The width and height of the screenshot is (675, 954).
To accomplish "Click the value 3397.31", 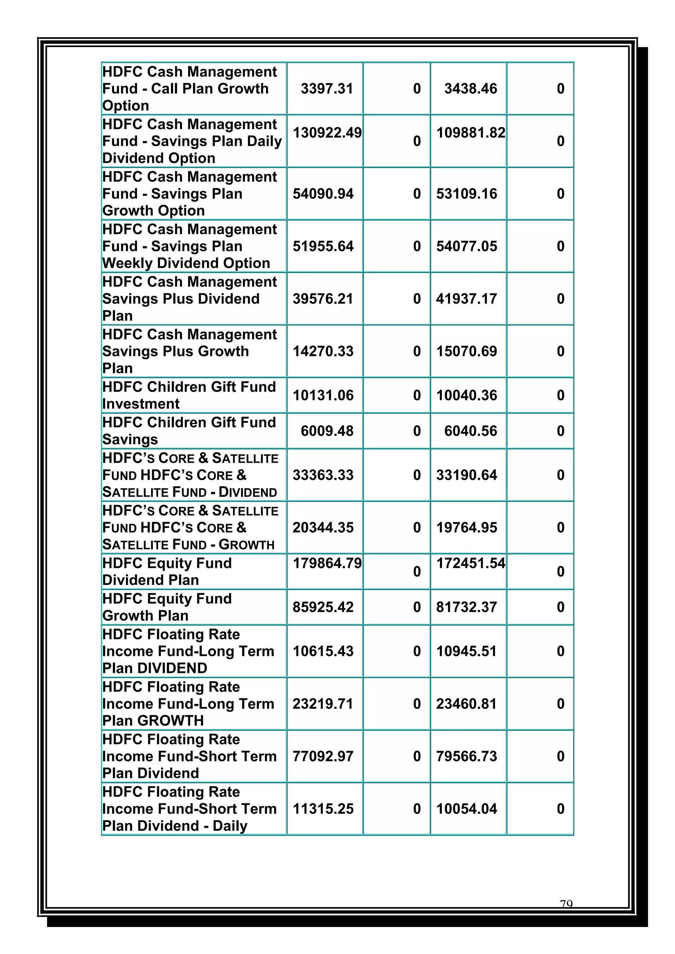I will click(327, 89).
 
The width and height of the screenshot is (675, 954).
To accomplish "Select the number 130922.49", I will click(327, 133).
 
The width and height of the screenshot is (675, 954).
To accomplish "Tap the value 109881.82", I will click(471, 133).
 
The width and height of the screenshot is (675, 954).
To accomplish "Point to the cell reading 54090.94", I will click(323, 194).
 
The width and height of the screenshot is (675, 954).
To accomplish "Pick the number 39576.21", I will click(323, 299).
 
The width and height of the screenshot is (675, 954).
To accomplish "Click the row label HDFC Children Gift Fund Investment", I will click(189, 395).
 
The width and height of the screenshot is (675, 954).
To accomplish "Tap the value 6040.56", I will click(471, 431).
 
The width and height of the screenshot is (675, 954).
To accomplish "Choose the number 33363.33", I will click(323, 475).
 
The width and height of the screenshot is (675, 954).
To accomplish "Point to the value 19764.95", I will click(466, 528).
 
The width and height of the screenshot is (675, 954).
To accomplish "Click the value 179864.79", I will click(327, 564).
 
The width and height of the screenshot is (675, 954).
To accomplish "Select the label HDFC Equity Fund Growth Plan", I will click(167, 607).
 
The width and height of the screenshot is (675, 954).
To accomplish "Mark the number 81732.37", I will click(466, 607).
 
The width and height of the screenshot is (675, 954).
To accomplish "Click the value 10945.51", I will click(466, 651).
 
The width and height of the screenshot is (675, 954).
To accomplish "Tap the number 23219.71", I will click(323, 704).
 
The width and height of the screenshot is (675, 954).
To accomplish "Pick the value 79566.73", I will click(466, 756).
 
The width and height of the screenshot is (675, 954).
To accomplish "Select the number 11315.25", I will click(323, 809).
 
